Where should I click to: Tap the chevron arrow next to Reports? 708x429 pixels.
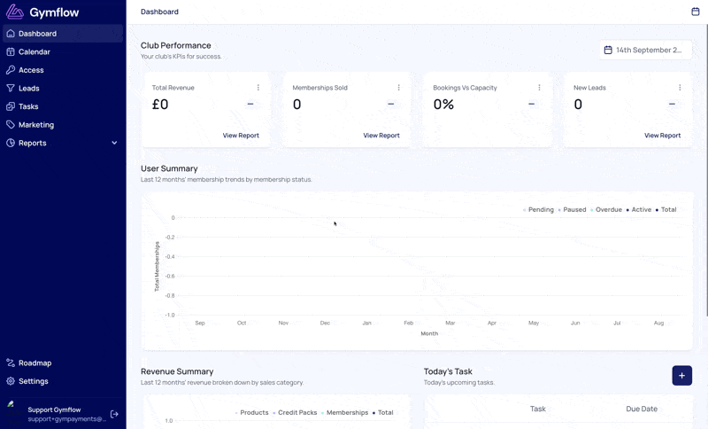tap(114, 143)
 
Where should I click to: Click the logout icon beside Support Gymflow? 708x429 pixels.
tap(114, 414)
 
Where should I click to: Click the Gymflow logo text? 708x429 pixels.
tap(54, 12)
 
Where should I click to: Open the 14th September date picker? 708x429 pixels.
tap(646, 51)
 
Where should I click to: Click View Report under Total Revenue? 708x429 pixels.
tap(241, 135)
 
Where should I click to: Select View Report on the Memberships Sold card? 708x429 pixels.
tap(381, 135)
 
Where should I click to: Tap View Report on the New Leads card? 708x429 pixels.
tap(662, 135)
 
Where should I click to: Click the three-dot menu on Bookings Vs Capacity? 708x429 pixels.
tap(539, 87)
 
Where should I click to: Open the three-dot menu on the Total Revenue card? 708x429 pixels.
tap(258, 87)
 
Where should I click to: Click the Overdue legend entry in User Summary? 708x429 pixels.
tap(606, 210)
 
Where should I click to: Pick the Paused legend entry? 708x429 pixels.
tap(572, 210)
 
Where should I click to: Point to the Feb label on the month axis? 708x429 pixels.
tap(408, 323)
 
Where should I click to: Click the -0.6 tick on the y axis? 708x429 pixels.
tap(170, 276)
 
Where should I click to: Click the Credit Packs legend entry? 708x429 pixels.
tap(295, 413)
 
